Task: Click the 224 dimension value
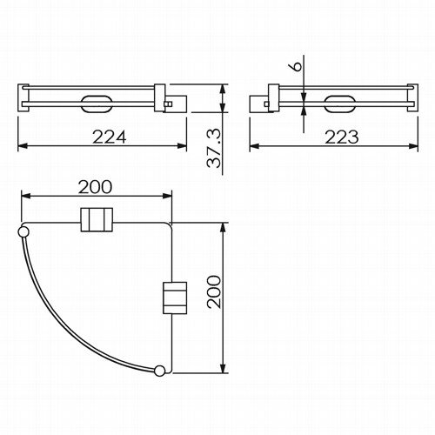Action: coord(110,137)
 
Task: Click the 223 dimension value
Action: coord(342,137)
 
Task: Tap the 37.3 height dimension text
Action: coord(214,149)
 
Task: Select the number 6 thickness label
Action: coord(296,66)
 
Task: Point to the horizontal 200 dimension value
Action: coord(95,187)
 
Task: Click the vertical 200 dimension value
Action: coord(214,291)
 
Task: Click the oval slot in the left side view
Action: coord(97,104)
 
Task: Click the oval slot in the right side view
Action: coord(339,104)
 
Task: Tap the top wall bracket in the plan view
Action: coord(97,219)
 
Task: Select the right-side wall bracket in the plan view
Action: coord(175,298)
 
